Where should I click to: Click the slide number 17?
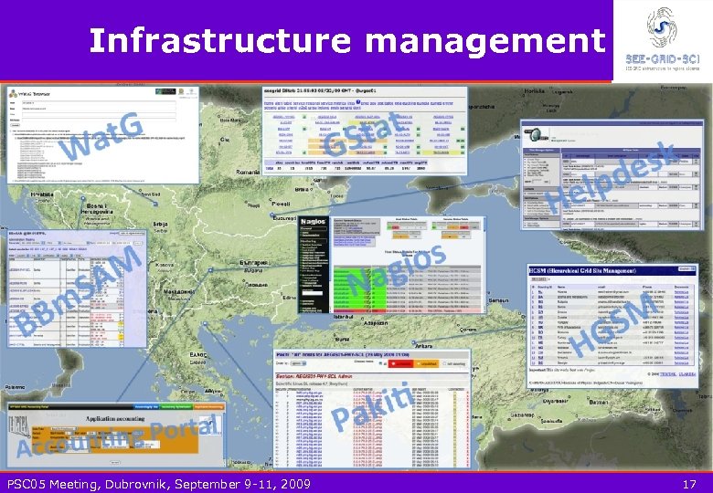(690, 483)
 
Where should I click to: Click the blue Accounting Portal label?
(119, 437)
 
